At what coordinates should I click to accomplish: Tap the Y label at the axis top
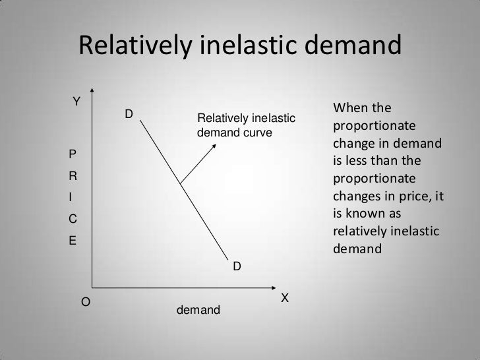point(76,102)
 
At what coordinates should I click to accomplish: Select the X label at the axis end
point(284,298)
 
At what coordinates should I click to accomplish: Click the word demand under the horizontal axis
point(199,309)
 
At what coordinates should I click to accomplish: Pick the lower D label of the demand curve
point(235,266)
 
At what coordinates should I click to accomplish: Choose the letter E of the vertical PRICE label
point(73,240)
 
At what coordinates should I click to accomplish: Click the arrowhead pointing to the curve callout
point(212,146)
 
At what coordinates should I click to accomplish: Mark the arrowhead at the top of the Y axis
point(93,92)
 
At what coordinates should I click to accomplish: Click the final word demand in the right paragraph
point(357,250)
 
